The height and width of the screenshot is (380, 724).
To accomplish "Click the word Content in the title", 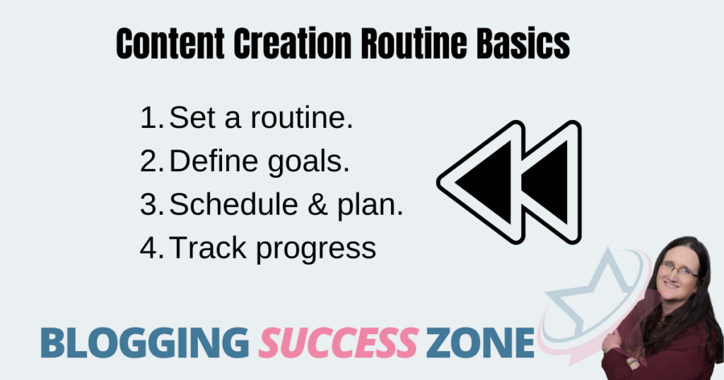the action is pos(170,43).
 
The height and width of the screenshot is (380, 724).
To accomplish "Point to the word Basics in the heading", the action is pos(523,43).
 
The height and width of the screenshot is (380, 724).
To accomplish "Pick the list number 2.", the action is pos(152,161).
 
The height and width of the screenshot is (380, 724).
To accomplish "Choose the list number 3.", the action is pos(152,204).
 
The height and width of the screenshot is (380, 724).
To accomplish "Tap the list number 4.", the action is pos(152,248).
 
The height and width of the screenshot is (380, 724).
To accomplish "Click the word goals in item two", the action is pos(308,162).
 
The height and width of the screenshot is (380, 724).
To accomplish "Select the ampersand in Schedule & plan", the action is pos(317,204).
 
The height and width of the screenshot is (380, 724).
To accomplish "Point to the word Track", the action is pos(208,247).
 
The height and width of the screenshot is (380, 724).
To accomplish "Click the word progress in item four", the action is pos(316,249).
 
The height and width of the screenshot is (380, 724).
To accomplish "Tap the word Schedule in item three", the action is pos(233,204).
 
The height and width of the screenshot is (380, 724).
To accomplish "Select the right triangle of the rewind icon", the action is pos(549,182).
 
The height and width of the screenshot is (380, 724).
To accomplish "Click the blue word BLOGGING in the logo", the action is pos(144,343).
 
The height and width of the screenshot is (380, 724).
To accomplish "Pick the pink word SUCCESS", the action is pos(339,343).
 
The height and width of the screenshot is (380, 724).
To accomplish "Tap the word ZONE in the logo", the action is pos(480,343).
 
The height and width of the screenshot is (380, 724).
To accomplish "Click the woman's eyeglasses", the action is pos(677,269).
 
